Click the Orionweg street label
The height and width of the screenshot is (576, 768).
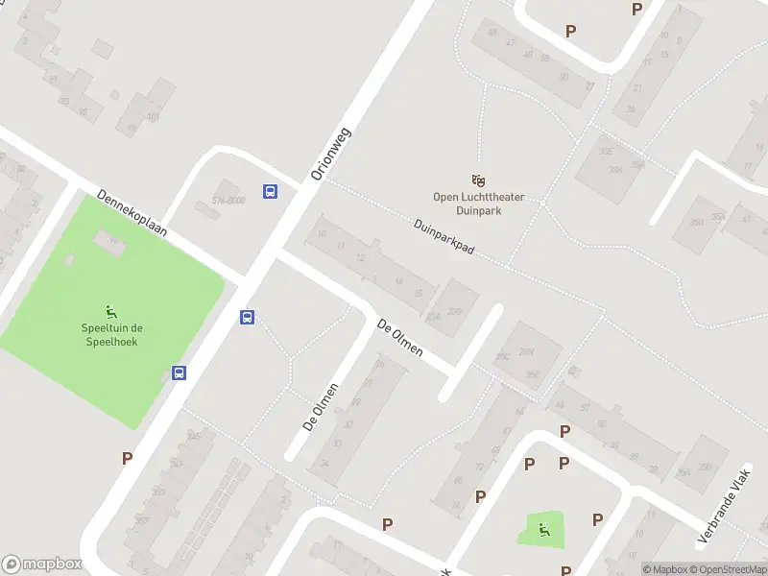[x=332, y=155]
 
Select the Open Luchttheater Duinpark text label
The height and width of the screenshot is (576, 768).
[x=478, y=204]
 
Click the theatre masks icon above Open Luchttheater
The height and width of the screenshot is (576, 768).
[x=478, y=180]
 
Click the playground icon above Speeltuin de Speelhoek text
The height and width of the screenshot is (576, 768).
[x=111, y=310]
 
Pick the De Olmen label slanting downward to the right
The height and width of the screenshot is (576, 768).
[x=399, y=338]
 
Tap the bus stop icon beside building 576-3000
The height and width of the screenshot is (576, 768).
[x=271, y=191]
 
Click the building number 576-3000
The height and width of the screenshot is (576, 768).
[x=228, y=202]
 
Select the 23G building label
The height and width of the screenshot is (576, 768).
[x=455, y=311]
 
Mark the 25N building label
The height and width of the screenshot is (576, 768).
[x=526, y=352]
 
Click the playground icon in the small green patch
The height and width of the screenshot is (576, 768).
[x=544, y=528]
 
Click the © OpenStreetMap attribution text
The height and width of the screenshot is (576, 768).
[x=727, y=569]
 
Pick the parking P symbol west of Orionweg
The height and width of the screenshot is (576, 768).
[x=127, y=459]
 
